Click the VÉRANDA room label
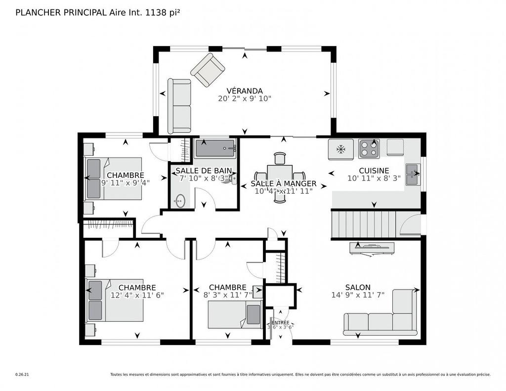(244, 90)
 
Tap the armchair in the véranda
(208, 70)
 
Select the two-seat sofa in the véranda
(179, 106)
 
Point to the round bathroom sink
(180, 200)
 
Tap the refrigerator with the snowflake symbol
(341, 149)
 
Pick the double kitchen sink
(412, 174)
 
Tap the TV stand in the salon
(372, 248)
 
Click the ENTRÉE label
(280, 322)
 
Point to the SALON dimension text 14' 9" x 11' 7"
(358, 295)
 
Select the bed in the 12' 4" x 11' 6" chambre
(116, 301)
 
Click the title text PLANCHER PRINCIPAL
(61, 12)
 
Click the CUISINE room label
(374, 171)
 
